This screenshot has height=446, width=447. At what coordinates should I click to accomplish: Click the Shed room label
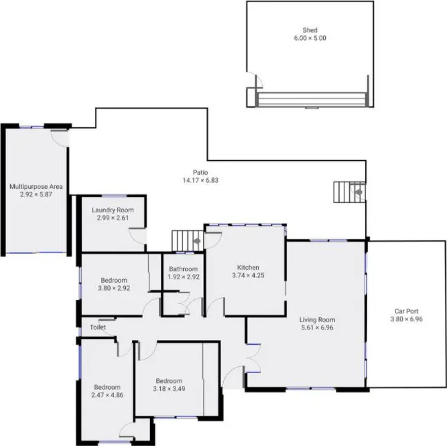click(310, 30)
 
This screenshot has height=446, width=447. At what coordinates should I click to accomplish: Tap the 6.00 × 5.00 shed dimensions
click(310, 38)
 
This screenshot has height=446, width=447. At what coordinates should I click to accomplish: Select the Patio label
click(201, 172)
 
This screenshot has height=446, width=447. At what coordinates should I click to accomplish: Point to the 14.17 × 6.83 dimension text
click(201, 180)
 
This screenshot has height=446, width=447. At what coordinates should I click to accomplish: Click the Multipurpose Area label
click(36, 187)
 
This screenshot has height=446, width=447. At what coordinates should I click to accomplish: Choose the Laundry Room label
click(113, 210)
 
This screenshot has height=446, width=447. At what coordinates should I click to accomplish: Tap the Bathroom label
click(183, 269)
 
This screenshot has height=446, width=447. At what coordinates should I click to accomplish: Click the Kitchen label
click(248, 267)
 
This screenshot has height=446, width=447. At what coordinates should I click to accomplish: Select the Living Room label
click(317, 319)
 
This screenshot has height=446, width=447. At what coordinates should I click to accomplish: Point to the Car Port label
click(408, 311)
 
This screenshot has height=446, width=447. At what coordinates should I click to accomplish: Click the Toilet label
click(98, 327)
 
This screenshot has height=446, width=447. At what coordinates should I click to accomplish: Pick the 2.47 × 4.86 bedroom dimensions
click(107, 395)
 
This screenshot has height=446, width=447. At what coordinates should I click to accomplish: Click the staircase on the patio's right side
click(349, 193)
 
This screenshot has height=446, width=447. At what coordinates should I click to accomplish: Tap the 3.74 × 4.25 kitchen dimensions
click(248, 275)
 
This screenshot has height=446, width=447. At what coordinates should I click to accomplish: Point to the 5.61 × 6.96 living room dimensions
click(317, 327)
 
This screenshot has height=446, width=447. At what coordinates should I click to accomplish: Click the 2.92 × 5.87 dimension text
click(36, 195)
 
